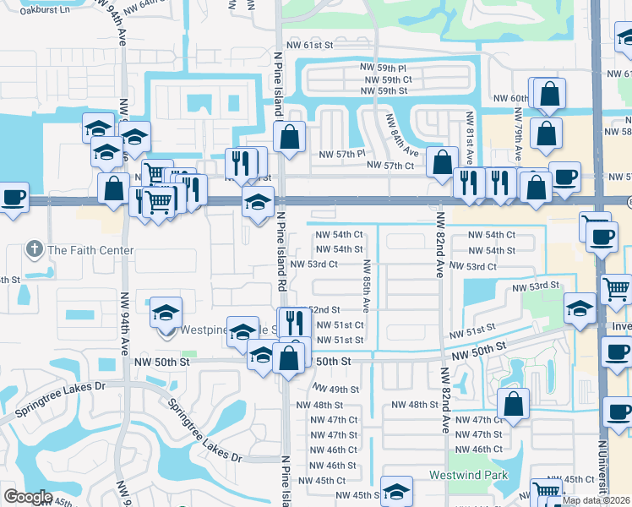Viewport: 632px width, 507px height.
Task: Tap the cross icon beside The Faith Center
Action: click(x=34, y=249)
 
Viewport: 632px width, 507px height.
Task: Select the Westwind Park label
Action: click(x=468, y=475)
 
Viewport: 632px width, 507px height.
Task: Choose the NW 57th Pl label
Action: click(x=341, y=154)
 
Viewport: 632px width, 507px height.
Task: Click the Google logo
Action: click(x=28, y=497)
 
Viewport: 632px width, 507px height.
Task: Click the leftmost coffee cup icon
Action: click(x=13, y=198)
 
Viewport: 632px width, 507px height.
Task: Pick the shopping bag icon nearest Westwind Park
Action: click(x=514, y=404)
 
